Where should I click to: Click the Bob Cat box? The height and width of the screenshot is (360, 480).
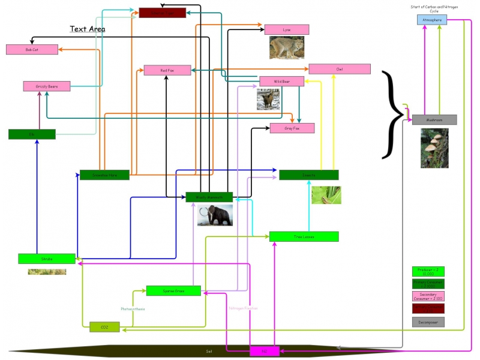(x=32, y=50)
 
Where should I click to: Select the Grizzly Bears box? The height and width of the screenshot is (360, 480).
(x=47, y=86)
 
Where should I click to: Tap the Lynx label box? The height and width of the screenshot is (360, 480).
(x=287, y=29)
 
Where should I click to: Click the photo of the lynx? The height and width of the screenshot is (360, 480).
(x=286, y=48)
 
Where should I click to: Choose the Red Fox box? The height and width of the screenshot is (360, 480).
(x=167, y=70)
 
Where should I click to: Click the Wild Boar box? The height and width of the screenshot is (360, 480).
(x=281, y=82)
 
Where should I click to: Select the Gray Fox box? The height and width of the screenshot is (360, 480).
(x=292, y=128)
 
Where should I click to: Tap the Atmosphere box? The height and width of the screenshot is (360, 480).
(x=432, y=20)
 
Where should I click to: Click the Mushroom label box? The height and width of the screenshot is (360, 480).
(x=434, y=120)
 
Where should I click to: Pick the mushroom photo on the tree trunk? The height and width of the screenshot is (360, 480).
(x=434, y=148)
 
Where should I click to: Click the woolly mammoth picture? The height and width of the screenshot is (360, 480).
(x=215, y=215)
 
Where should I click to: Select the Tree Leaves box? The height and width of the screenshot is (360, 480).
(x=304, y=236)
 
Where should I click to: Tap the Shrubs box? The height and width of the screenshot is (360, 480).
(x=47, y=259)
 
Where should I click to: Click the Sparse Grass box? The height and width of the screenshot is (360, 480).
(x=173, y=290)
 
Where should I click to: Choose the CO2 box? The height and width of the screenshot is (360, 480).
(x=104, y=327)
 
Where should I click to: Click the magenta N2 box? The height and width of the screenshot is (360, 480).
(x=264, y=351)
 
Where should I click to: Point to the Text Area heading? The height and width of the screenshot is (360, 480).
(x=88, y=29)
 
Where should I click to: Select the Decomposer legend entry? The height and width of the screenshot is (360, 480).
(x=428, y=322)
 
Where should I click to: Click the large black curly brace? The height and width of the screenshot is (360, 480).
(x=393, y=114)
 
